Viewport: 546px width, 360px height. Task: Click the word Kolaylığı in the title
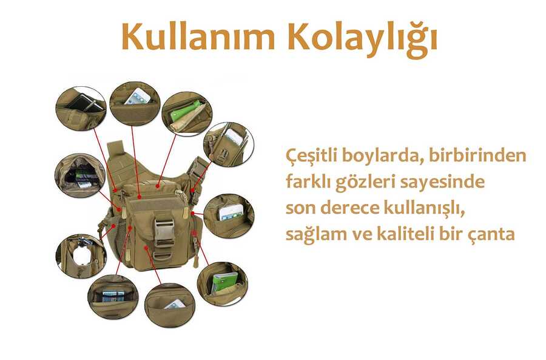(362, 40)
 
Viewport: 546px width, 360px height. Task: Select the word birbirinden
(477, 155)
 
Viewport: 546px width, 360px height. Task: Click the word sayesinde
(442, 182)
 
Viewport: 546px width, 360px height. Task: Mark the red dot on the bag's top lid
(158, 186)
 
